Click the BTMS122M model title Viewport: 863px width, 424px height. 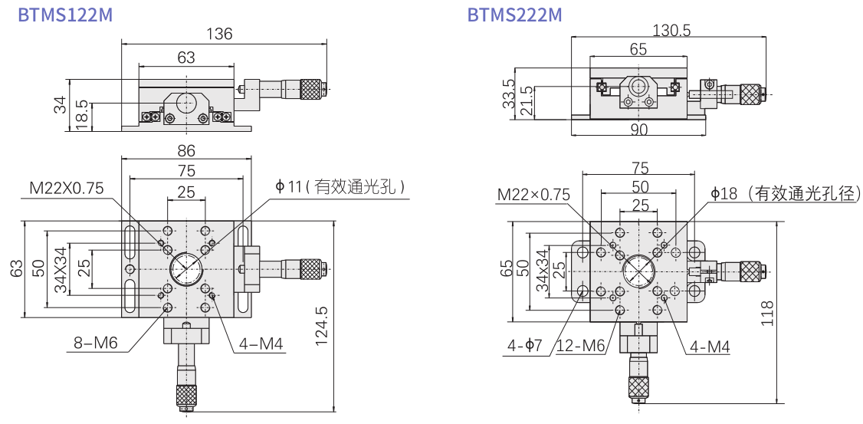65,15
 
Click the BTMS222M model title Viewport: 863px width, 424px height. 514,15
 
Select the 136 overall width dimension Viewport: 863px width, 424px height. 220,34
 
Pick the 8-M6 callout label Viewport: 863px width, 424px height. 96,343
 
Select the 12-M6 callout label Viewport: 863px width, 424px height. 580,346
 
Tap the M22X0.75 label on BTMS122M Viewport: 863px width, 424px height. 67,189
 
